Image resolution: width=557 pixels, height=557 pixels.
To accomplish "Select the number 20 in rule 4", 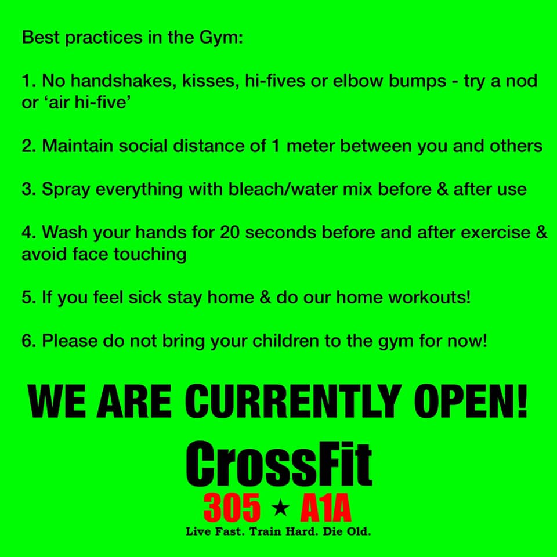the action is [x=230, y=232].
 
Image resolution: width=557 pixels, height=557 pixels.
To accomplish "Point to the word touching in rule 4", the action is [x=150, y=255].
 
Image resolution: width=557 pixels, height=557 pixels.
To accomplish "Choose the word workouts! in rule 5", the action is [x=429, y=297].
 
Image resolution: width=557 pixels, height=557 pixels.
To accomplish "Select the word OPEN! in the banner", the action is [x=471, y=402].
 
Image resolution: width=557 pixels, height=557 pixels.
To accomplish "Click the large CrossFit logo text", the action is [x=279, y=464].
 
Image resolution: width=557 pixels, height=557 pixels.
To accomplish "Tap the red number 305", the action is [x=232, y=508].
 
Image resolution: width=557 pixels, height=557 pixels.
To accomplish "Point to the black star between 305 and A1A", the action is [x=280, y=508].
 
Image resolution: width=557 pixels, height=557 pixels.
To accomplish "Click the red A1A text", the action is [x=325, y=508].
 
